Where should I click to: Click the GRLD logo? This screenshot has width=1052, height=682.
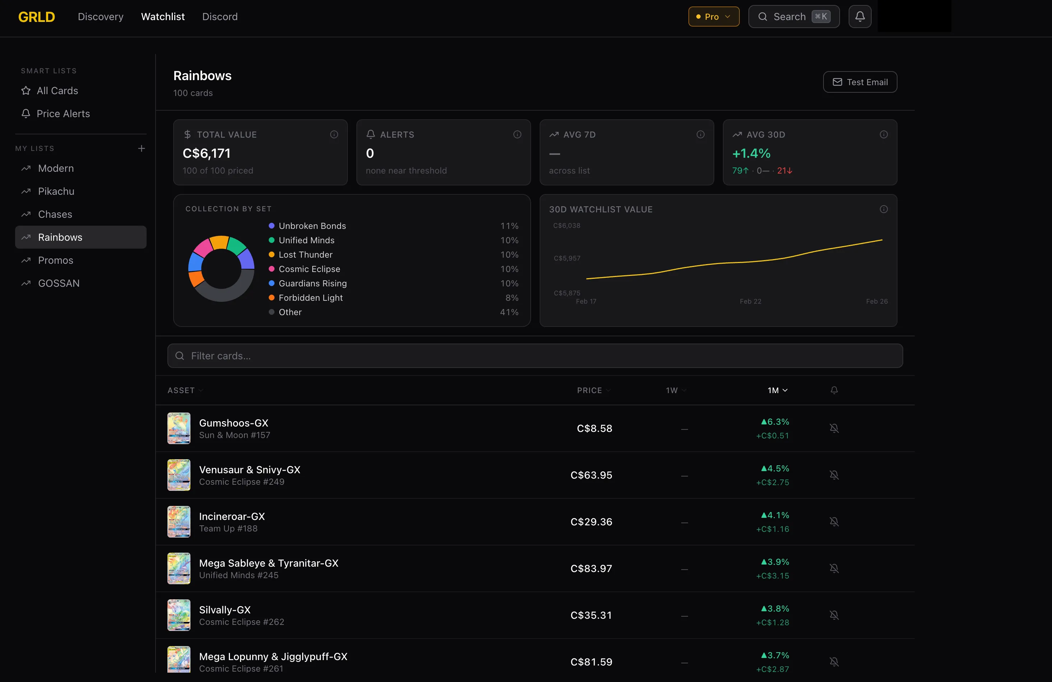(x=37, y=17)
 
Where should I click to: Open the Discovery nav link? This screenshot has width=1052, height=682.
(x=100, y=17)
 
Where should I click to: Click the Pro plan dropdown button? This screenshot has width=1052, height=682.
(x=714, y=17)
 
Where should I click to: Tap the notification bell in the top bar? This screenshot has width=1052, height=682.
(x=860, y=17)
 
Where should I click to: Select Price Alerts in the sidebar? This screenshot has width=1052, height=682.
(x=63, y=114)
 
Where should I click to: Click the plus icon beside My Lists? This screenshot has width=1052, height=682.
(x=142, y=148)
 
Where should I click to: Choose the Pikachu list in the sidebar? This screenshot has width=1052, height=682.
(x=56, y=192)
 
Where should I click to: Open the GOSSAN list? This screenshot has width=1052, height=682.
(x=59, y=283)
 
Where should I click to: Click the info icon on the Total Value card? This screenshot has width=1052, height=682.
(x=334, y=134)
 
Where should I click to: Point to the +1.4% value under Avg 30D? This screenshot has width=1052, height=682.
(x=751, y=153)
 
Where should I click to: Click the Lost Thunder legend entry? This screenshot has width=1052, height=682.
(x=305, y=255)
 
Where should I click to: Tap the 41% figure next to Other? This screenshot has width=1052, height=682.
(x=509, y=312)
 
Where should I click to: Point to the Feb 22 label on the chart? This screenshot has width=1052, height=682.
(x=750, y=301)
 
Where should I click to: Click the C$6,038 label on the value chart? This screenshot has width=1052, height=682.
(x=567, y=225)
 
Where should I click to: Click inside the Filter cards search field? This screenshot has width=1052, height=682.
(x=535, y=356)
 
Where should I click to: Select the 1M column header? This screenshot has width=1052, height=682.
(x=777, y=390)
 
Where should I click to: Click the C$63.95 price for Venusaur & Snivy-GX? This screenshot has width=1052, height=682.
(x=591, y=475)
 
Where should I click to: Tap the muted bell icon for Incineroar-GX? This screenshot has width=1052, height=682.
(x=834, y=521)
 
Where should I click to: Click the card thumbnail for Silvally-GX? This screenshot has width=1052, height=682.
(x=179, y=615)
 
